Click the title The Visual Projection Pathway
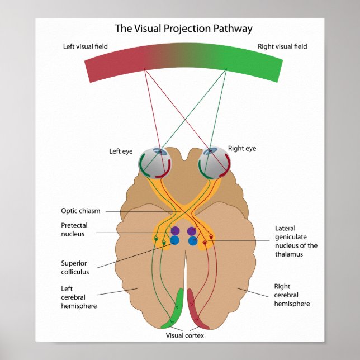point(183,29)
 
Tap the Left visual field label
point(85,46)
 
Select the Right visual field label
point(282,46)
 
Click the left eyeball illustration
point(155,164)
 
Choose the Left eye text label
point(122,151)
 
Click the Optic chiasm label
point(80,211)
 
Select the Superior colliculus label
point(75,267)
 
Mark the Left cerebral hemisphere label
point(78,297)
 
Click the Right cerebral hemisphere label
point(292,295)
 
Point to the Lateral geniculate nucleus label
point(296,241)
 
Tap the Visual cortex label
point(184,335)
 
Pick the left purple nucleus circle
point(175,231)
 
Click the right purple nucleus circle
point(192,231)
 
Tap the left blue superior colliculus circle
point(174,241)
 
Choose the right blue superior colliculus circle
point(193,241)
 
